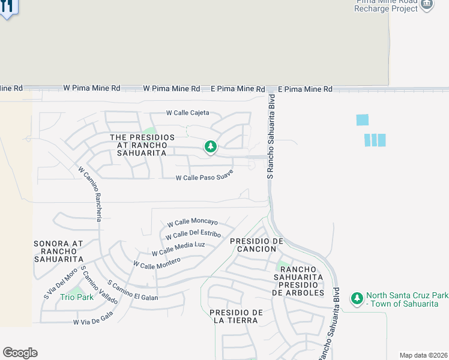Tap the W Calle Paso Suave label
[x=204, y=176]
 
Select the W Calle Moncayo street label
[x=192, y=223]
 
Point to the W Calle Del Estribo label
[x=193, y=234]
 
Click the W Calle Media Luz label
[x=178, y=248]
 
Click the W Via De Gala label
[x=93, y=319]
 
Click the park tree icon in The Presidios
[x=210, y=146]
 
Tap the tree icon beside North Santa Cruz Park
[x=357, y=298]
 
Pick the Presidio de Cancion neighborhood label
[x=256, y=245]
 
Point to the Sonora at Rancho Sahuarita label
[x=59, y=251]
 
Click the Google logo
[x=20, y=353]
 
